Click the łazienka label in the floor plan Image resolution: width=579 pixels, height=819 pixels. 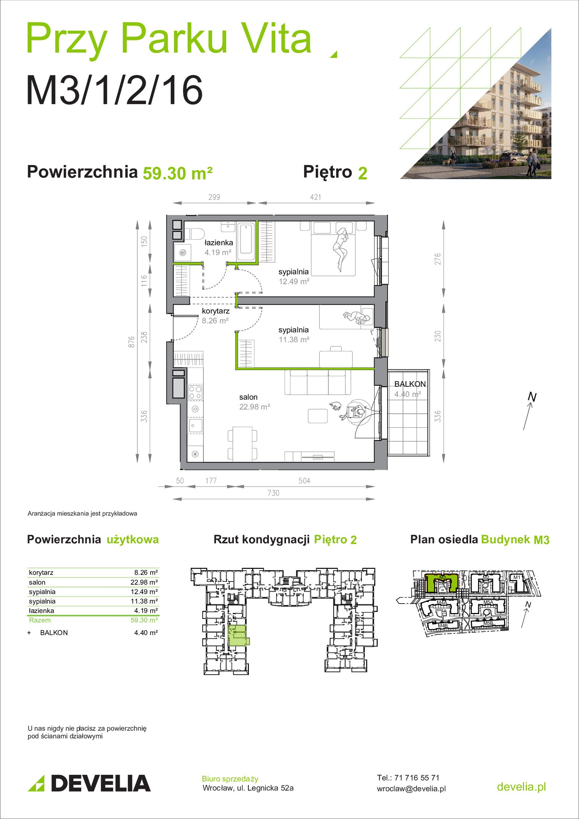click(x=219, y=243)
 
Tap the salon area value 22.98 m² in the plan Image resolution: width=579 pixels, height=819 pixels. click(x=255, y=407)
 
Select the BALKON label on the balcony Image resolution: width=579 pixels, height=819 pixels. click(x=410, y=384)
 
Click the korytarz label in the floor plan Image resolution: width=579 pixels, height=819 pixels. click(x=216, y=311)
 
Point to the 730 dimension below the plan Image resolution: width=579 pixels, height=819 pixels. click(x=274, y=493)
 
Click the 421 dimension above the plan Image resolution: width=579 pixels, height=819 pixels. click(x=316, y=197)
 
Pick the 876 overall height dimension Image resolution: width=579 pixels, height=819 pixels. click(x=131, y=342)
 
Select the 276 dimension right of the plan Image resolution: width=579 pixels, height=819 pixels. click(x=438, y=259)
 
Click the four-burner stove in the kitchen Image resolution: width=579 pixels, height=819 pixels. click(x=195, y=392)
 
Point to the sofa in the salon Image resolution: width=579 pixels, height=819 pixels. click(x=318, y=382)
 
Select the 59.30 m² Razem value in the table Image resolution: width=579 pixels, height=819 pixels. click(x=144, y=620)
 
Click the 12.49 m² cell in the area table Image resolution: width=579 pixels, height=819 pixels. click(x=144, y=592)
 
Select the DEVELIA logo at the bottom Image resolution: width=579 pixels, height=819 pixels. click(x=89, y=783)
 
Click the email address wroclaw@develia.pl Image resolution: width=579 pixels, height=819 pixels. click(x=411, y=789)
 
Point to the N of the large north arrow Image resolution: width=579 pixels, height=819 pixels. click(x=532, y=397)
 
